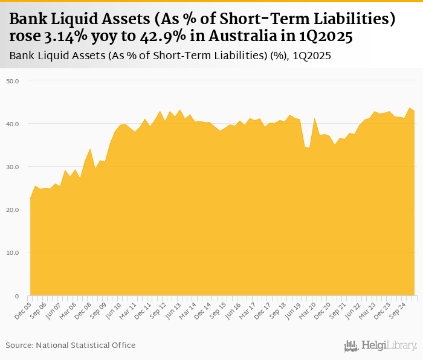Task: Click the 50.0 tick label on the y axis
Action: (x=12, y=80)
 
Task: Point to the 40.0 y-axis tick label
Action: (x=12, y=124)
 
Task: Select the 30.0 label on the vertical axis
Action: (x=12, y=167)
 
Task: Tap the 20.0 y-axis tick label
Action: (x=12, y=210)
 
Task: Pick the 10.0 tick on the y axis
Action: (x=12, y=253)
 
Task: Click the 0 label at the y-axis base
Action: (x=17, y=296)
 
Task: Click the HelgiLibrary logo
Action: (x=380, y=346)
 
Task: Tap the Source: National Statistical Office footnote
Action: (x=71, y=345)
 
